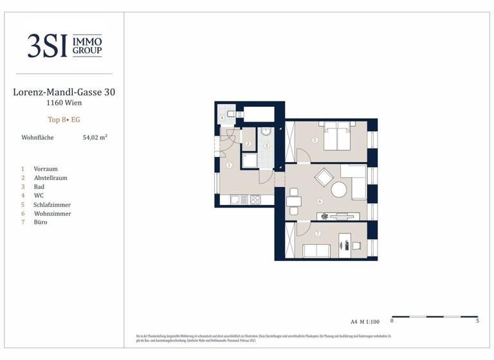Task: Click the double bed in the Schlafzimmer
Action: coord(337,136)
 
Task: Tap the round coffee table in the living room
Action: coord(338,189)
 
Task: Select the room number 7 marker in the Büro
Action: coord(318,233)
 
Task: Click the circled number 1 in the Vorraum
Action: coord(229,165)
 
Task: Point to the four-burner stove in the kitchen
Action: coord(255,199)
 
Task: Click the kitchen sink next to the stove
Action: coord(235,199)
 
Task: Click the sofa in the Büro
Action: coord(316,251)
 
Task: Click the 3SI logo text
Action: coord(47,46)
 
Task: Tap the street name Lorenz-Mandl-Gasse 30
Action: coord(64,93)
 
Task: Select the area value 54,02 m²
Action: coord(95,138)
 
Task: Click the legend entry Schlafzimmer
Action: coord(51,204)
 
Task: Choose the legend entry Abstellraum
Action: coord(50,177)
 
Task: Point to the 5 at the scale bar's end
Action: coord(477,321)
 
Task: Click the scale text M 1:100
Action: coord(371,321)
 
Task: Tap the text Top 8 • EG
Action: coord(64,120)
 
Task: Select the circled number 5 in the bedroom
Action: coord(315,140)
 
